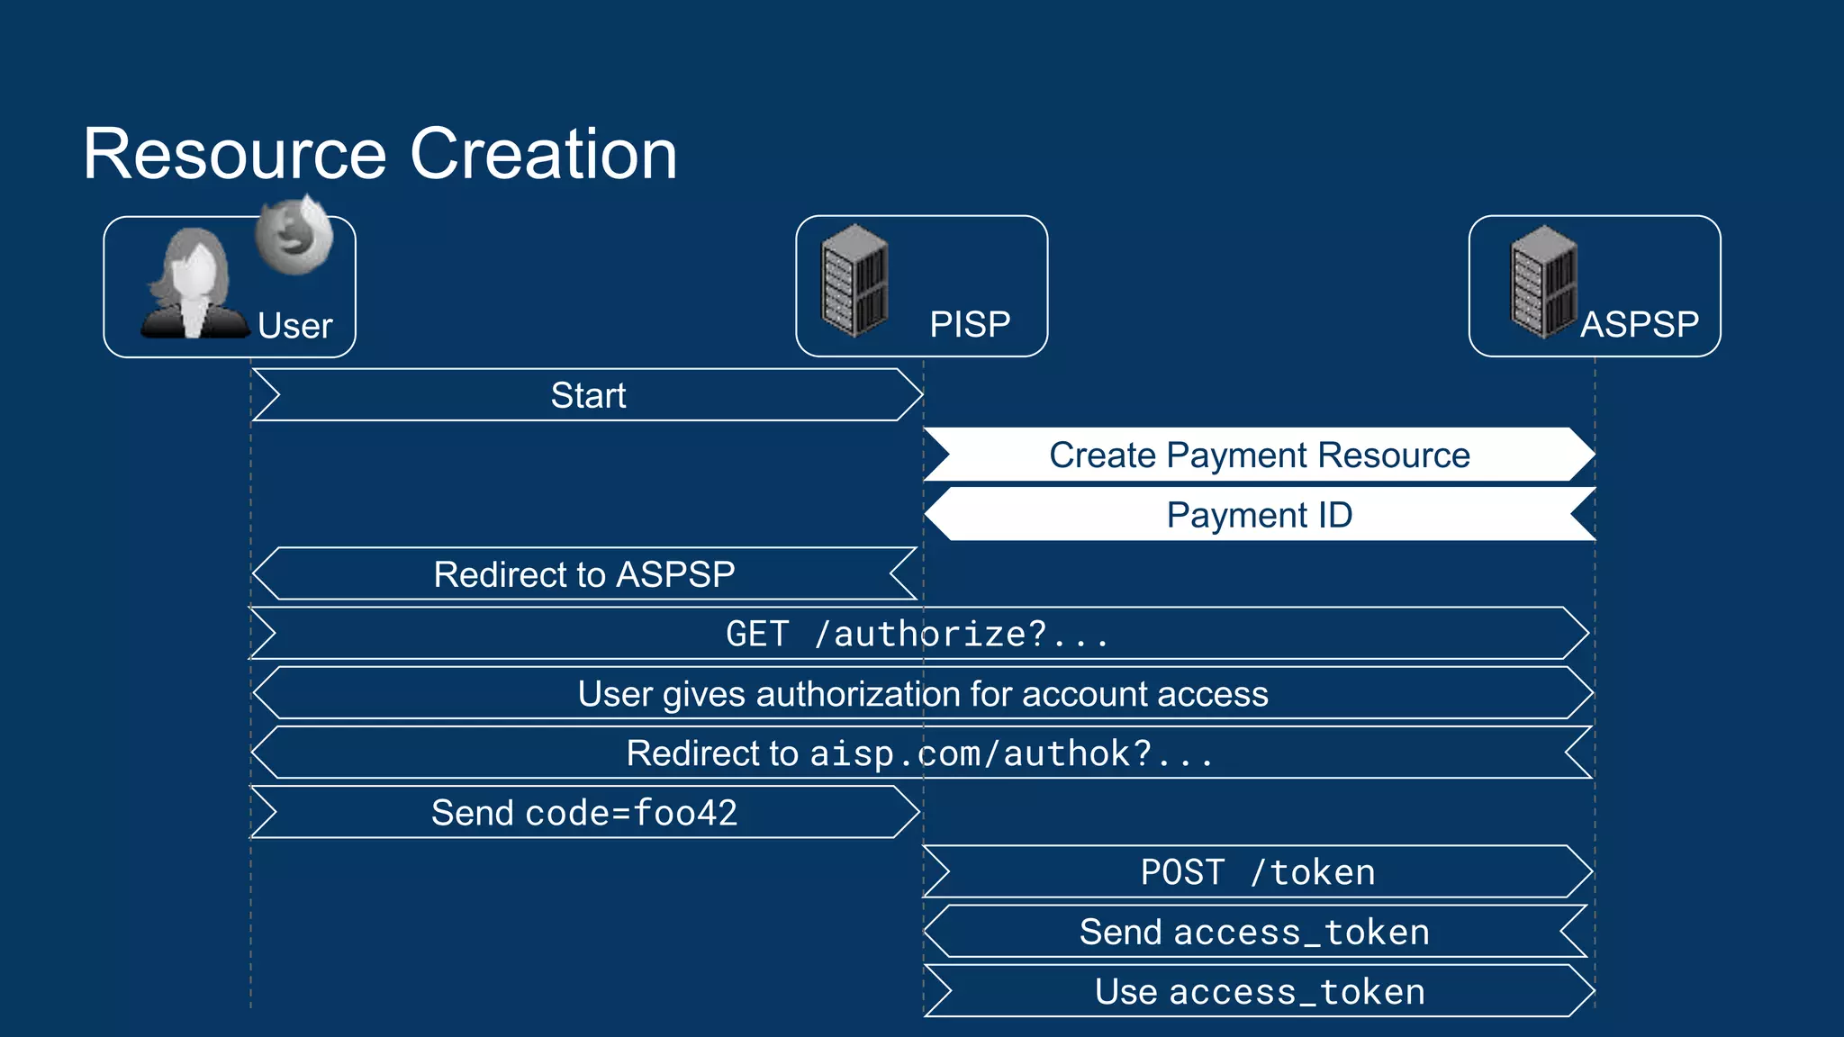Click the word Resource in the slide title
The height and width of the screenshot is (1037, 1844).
point(235,154)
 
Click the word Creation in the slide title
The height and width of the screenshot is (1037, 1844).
point(543,154)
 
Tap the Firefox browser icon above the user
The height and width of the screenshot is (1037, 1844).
point(293,236)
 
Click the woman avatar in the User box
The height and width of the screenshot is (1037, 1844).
point(193,284)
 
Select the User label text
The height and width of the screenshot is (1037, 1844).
point(294,326)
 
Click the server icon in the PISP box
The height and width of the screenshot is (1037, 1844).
point(854,281)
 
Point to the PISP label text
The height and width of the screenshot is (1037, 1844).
point(970,324)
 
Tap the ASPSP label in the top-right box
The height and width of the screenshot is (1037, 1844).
point(1640,324)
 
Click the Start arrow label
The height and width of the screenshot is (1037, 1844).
point(588,395)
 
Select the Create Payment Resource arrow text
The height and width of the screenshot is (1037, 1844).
point(1259,455)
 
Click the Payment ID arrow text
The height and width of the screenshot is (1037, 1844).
point(1259,515)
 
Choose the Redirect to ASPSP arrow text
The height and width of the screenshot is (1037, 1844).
point(584,574)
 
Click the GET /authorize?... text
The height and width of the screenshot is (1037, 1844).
point(917,635)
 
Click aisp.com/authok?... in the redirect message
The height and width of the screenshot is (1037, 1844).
point(1011,754)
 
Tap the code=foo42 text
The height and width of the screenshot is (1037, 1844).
point(631,814)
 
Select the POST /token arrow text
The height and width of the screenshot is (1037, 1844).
point(1258,873)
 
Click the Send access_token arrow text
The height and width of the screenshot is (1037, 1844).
point(1254,933)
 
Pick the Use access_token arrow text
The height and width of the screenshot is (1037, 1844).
point(1260,992)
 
